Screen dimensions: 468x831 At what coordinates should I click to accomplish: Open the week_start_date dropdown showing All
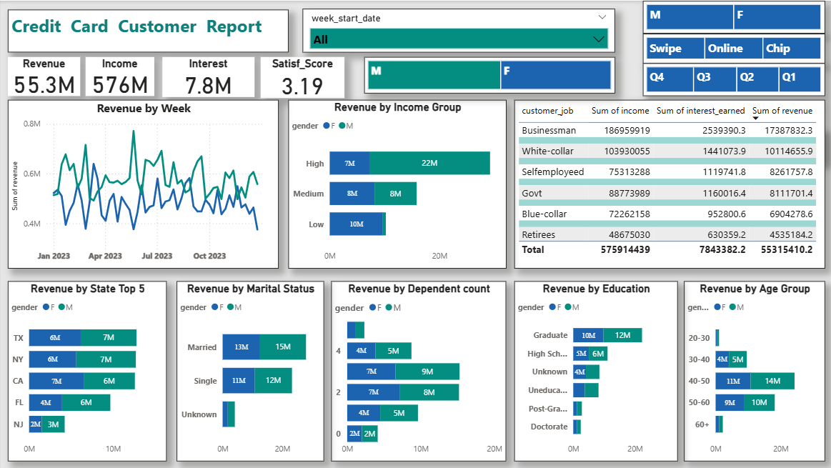(x=459, y=39)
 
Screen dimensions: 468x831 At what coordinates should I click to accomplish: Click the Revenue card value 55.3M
(x=44, y=86)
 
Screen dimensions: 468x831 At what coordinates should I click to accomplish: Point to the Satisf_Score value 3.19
(x=302, y=86)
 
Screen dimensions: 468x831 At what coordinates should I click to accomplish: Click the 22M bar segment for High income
(x=429, y=164)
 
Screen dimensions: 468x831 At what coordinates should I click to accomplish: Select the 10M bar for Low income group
(x=356, y=224)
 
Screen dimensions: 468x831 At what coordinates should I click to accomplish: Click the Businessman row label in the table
(x=549, y=131)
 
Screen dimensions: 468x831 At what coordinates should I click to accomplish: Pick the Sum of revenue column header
(x=782, y=111)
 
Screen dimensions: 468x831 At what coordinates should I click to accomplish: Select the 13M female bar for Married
(x=241, y=347)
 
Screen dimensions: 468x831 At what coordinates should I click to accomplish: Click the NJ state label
(x=18, y=424)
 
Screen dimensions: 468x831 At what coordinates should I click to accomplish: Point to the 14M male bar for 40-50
(x=772, y=382)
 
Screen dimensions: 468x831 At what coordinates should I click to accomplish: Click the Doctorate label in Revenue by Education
(x=549, y=427)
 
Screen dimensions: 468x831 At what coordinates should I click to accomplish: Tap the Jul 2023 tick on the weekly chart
(x=156, y=256)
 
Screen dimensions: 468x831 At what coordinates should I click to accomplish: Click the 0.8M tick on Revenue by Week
(x=31, y=124)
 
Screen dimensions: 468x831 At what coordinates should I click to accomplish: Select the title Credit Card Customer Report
(x=137, y=27)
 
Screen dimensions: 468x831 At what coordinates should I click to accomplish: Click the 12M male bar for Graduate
(x=622, y=335)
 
